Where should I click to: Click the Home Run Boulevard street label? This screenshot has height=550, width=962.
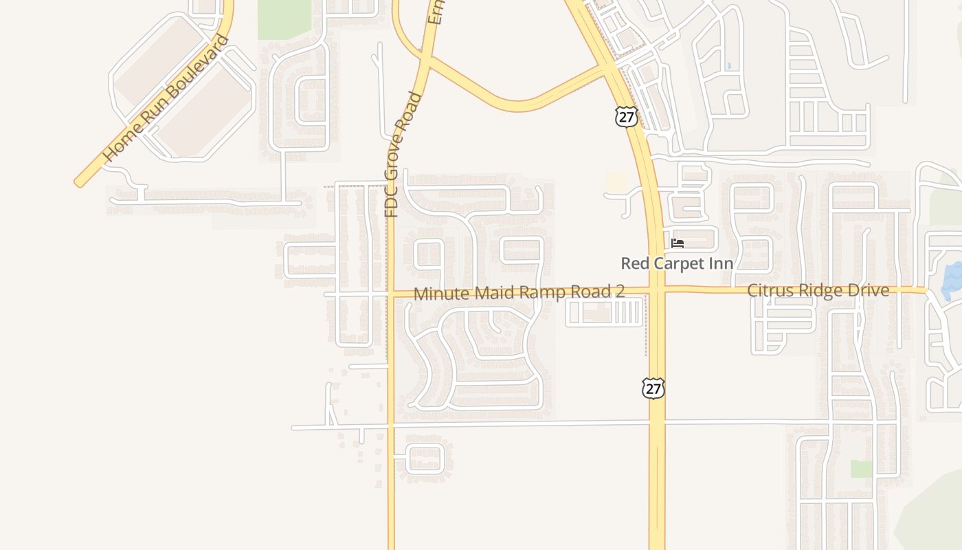point(166,98)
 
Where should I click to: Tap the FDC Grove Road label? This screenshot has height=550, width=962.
point(402,155)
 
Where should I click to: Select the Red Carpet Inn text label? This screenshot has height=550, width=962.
point(677,263)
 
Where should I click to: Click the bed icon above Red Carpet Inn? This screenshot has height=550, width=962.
point(678,243)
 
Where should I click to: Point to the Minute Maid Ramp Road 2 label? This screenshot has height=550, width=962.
point(519,293)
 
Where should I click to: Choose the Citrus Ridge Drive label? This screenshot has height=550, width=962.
point(818,290)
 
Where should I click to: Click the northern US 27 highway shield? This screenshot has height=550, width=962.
point(626,116)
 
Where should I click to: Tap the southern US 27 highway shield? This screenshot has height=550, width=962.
point(653,388)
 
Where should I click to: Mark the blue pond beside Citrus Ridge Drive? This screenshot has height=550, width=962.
point(953,278)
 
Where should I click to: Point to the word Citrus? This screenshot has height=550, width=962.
point(767,290)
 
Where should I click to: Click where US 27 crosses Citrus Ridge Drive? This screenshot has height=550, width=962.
point(656,289)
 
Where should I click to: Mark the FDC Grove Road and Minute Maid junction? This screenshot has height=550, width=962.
point(391,294)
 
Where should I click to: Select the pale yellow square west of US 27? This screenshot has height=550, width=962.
point(617,182)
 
